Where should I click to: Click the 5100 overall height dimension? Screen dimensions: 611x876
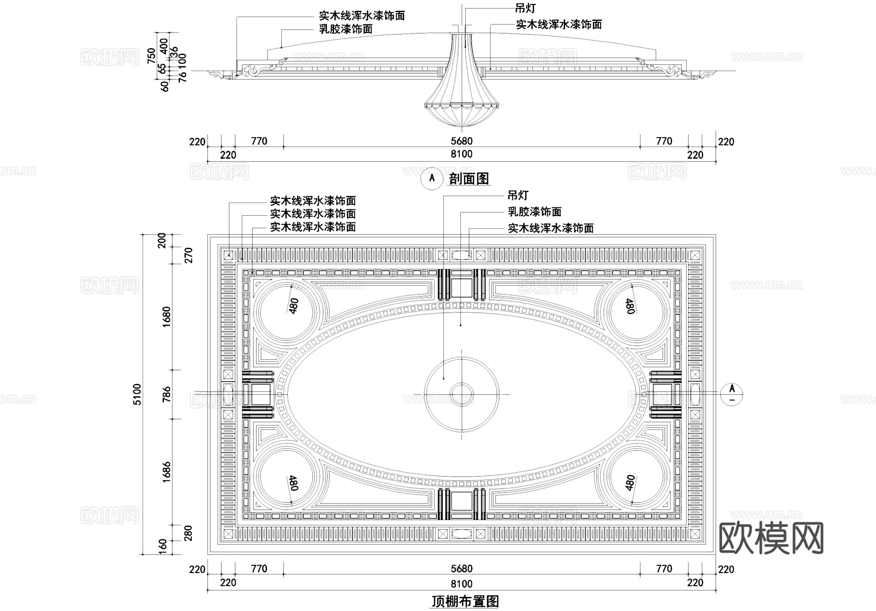(137, 394)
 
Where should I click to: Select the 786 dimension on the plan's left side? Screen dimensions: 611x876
(167, 394)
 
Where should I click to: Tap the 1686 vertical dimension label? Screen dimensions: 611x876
(167, 471)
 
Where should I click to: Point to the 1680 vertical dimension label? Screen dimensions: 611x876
(167, 316)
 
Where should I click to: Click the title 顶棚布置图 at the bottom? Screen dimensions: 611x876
(465, 602)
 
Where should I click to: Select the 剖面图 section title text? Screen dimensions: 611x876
(469, 179)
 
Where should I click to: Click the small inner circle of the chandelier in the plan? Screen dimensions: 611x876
(461, 393)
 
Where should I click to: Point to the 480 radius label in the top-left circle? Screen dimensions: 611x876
(293, 306)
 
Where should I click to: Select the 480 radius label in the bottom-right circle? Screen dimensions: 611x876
(630, 483)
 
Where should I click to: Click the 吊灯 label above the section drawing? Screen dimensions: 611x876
(525, 8)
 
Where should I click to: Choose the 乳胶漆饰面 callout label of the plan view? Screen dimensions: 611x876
(534, 212)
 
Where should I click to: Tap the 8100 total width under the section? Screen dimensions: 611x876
(461, 154)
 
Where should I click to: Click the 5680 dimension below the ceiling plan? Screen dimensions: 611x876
(461, 569)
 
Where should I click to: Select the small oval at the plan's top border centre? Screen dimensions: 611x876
(461, 255)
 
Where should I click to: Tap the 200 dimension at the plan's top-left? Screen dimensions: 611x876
(163, 240)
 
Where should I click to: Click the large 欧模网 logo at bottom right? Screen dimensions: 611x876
(771, 538)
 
